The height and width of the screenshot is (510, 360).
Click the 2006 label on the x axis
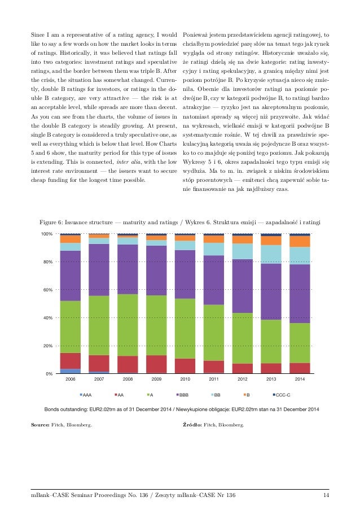click(71, 380)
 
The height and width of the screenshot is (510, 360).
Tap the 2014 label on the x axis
click(300, 380)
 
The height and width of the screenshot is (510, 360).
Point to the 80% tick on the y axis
click(47, 262)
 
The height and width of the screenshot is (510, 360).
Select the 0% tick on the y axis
click(49, 374)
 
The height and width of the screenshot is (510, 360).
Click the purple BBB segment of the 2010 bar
click(185, 274)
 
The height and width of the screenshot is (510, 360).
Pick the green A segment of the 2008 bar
click(128, 325)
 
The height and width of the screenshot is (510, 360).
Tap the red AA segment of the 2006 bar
click(71, 360)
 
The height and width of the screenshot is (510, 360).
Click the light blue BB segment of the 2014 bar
click(300, 255)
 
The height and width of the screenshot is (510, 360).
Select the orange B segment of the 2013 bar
click(271, 240)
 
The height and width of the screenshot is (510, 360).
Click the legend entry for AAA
click(87, 394)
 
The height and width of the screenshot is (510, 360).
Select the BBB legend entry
click(184, 394)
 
